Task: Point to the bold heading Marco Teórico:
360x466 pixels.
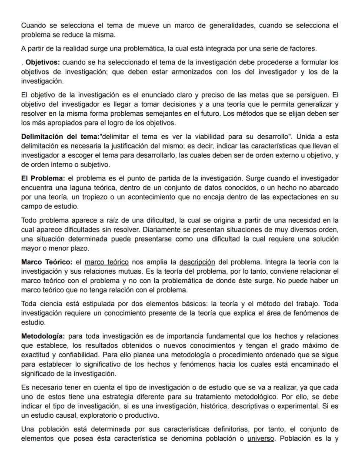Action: click(47, 262)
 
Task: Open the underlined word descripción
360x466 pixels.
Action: click(197, 262)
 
